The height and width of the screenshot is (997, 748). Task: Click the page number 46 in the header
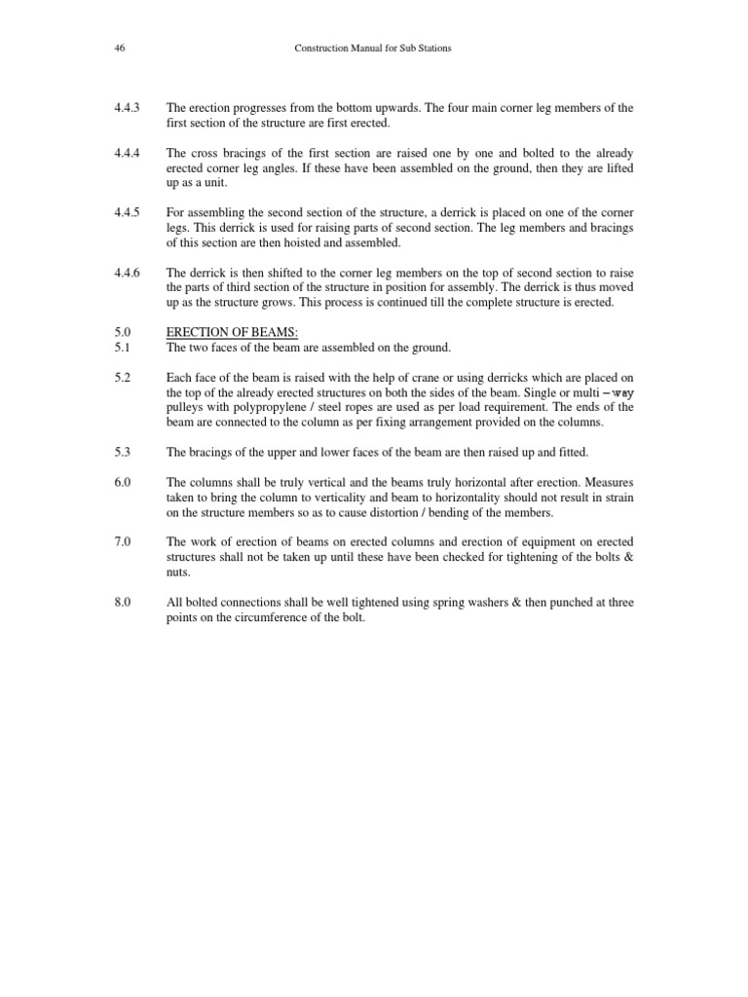[118, 48]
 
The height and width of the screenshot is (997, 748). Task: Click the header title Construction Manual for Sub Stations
[373, 48]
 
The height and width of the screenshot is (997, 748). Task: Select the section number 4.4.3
[127, 107]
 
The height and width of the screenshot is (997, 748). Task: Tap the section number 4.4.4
[127, 153]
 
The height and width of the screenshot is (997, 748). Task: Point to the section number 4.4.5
[127, 212]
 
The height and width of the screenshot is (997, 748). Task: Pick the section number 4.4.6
[127, 273]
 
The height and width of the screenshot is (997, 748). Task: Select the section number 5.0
[122, 333]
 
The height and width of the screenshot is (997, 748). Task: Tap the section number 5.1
[122, 348]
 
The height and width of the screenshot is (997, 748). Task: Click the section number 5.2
[122, 378]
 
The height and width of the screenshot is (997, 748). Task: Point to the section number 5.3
[122, 453]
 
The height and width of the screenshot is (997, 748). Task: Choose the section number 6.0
[122, 483]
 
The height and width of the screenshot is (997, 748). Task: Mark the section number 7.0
[122, 542]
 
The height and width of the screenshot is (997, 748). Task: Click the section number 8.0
[122, 603]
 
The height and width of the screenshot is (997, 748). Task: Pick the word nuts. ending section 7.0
[178, 572]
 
